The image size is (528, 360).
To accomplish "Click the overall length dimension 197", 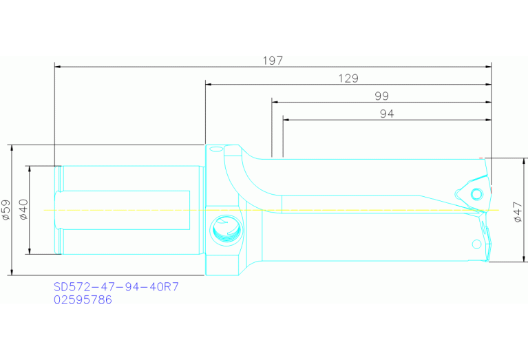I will pyautogui.click(x=273, y=61).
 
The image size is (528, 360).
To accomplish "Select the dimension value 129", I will pyautogui.click(x=348, y=78).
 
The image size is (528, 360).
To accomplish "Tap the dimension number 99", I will pyautogui.click(x=381, y=96).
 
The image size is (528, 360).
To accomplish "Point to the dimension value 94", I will pyautogui.click(x=387, y=114).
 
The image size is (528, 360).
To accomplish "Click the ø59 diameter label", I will pyautogui.click(x=6, y=209).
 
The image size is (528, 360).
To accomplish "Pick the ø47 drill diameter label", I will pyautogui.click(x=518, y=211).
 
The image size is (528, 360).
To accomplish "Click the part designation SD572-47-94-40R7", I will pyautogui.click(x=116, y=286).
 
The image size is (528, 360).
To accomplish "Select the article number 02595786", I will pyautogui.click(x=83, y=299).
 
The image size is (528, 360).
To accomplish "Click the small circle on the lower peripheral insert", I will pyautogui.click(x=476, y=244).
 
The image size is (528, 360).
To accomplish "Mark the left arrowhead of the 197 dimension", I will pyautogui.click(x=58, y=67).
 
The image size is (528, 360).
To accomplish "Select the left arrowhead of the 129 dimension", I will pyautogui.click(x=209, y=85).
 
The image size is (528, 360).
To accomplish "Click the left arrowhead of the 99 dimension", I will pyautogui.click(x=275, y=102).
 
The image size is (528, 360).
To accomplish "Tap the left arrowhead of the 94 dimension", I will pyautogui.click(x=286, y=119).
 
